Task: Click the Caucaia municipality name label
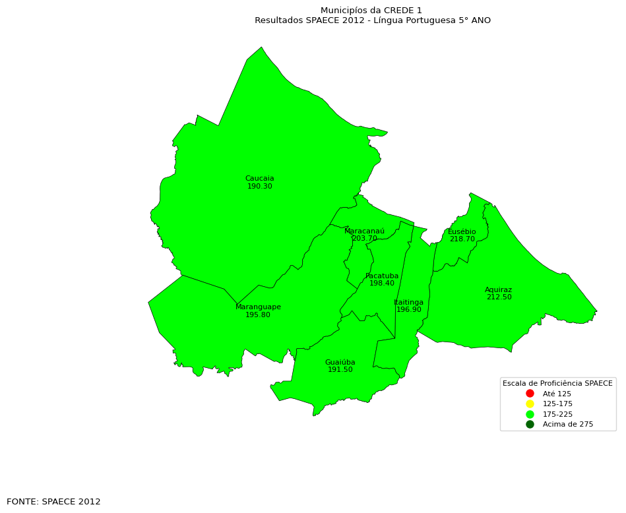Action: (259, 179)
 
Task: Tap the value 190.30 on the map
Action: (259, 187)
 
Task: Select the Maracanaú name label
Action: (364, 231)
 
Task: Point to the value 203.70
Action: (364, 239)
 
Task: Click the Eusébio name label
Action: (462, 232)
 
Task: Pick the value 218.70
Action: (462, 239)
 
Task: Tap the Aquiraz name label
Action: (498, 290)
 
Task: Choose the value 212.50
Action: (499, 297)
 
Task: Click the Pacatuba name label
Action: (382, 276)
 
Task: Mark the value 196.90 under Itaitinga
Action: (408, 310)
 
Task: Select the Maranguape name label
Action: (258, 307)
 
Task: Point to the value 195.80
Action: (257, 315)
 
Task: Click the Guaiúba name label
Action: (340, 363)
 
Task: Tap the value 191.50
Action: (340, 370)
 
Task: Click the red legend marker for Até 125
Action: (530, 394)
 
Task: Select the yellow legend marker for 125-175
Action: (530, 404)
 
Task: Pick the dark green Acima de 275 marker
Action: (530, 425)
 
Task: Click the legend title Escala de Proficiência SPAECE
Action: (557, 383)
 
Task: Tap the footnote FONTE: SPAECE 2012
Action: (53, 502)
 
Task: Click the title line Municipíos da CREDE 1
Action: (371, 11)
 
